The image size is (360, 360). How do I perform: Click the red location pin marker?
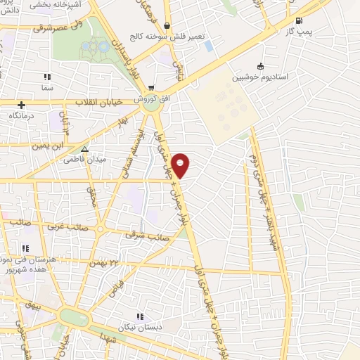point(181,165)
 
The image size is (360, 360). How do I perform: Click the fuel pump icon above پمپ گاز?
point(300,20)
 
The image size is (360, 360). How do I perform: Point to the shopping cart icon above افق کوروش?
point(150,88)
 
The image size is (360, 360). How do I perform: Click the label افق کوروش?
point(150,99)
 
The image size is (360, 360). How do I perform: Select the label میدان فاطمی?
point(84,160)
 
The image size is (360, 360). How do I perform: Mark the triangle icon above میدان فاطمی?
point(84,149)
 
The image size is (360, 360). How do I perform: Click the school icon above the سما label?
point(47,77)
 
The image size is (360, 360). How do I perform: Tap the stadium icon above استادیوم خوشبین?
point(262,67)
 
